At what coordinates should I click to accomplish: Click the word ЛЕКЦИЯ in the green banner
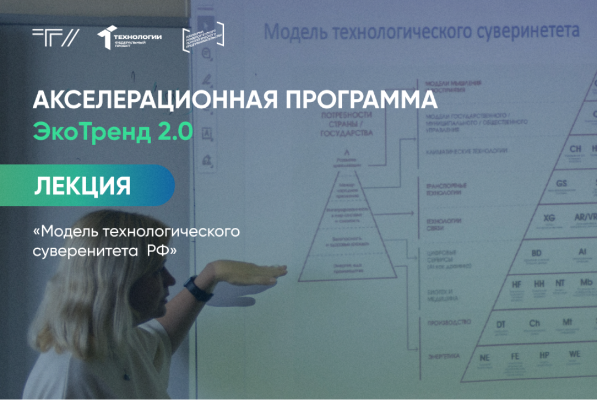coord(83,186)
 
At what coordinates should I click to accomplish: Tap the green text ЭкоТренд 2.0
coord(113,132)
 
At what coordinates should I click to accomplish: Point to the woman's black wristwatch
coord(194,288)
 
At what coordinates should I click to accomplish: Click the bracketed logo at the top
coord(203,37)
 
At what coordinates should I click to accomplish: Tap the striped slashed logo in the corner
coord(55,37)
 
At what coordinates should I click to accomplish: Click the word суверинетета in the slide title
coord(527,31)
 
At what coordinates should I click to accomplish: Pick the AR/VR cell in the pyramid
coord(585,218)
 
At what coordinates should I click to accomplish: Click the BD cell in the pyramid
coord(536,254)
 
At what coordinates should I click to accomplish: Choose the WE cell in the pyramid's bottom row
coord(574,354)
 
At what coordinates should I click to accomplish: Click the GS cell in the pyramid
coord(561,184)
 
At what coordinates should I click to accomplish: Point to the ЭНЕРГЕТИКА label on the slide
coord(443,356)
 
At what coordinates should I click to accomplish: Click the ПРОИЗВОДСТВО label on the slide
coord(449,322)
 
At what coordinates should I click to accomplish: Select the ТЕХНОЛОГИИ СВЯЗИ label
coord(444,224)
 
